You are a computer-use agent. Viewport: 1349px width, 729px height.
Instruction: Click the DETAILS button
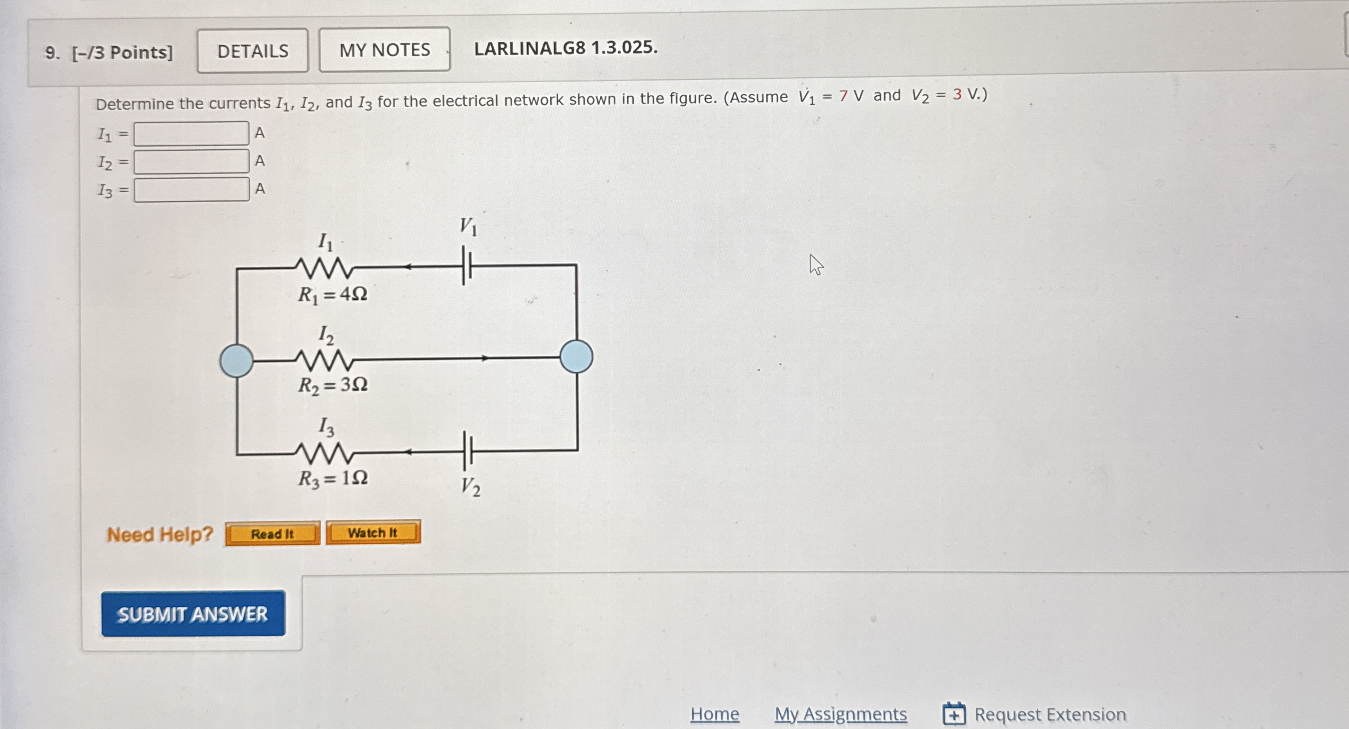point(253,51)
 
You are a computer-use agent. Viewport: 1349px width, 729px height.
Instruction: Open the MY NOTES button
point(385,50)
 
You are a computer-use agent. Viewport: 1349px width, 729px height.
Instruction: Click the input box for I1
point(191,134)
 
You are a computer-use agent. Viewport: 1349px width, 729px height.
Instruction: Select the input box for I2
point(191,162)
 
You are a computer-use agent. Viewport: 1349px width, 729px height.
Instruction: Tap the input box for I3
point(191,190)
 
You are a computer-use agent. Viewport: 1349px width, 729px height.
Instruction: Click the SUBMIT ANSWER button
point(193,614)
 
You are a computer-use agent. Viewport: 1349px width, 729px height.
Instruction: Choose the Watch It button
point(373,533)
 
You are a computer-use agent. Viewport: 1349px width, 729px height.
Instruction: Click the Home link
point(714,714)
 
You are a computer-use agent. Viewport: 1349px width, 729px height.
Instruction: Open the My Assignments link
point(841,714)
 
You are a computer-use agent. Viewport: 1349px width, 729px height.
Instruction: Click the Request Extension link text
point(1050,714)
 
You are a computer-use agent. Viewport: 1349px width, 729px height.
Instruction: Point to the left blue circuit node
point(236,360)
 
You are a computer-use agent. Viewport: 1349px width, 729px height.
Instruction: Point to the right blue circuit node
point(576,356)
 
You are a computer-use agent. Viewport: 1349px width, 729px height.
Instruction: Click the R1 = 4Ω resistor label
point(333,294)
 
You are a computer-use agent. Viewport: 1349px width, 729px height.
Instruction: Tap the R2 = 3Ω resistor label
point(333,385)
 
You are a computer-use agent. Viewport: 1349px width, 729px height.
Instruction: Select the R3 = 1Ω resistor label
point(333,478)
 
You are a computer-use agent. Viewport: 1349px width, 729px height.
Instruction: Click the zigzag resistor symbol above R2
point(324,360)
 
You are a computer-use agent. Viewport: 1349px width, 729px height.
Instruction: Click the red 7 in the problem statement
point(843,96)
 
